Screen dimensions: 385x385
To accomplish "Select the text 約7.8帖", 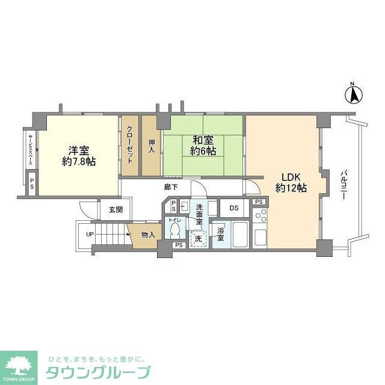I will [79, 162].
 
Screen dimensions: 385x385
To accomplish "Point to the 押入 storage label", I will [152, 146].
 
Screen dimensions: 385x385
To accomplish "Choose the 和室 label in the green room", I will [203, 140].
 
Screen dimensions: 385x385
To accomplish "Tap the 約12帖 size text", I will [291, 188].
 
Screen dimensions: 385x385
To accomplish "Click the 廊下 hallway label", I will [170, 187].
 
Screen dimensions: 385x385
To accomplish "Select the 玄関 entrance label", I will [115, 210].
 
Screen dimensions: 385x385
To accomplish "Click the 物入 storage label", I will [147, 234].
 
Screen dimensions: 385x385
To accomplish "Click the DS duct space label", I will [234, 208].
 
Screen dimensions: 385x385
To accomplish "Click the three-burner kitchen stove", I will [261, 215].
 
